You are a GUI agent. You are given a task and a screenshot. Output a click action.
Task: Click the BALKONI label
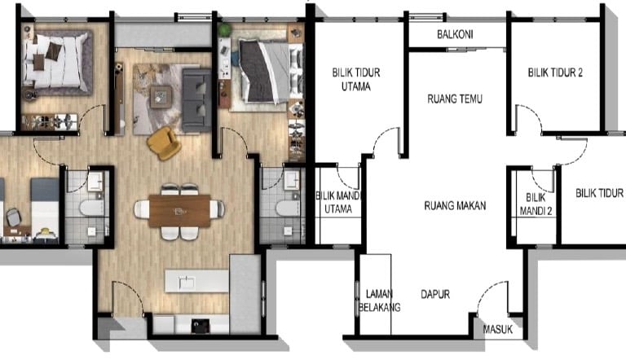click(455, 34)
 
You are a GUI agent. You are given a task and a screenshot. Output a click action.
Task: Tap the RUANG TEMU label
click(455, 99)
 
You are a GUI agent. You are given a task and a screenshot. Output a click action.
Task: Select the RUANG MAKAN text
click(455, 205)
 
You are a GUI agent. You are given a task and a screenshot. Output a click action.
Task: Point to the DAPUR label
click(435, 294)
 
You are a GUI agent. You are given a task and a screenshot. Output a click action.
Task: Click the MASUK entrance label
click(498, 329)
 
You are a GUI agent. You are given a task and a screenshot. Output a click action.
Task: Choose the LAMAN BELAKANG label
click(379, 301)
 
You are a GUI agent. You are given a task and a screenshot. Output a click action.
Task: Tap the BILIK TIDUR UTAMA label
click(356, 80)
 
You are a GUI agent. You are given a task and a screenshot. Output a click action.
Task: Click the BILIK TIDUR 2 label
click(555, 72)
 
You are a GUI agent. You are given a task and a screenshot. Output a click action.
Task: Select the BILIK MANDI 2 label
click(536, 204)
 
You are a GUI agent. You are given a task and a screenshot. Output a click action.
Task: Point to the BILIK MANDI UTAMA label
click(338, 202)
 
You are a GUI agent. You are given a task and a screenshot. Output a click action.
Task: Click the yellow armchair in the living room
click(164, 143)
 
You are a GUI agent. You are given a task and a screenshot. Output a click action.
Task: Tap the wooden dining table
click(179, 211)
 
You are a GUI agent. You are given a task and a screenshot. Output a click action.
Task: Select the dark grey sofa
click(196, 100)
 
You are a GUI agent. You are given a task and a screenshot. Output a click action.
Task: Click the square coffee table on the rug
click(161, 97)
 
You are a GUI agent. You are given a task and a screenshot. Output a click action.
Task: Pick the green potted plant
click(225, 29)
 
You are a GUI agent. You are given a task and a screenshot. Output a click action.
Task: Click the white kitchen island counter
click(196, 281)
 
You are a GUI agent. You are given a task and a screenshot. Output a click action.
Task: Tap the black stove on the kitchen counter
click(201, 326)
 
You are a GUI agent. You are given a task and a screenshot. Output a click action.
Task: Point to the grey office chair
click(13, 217)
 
